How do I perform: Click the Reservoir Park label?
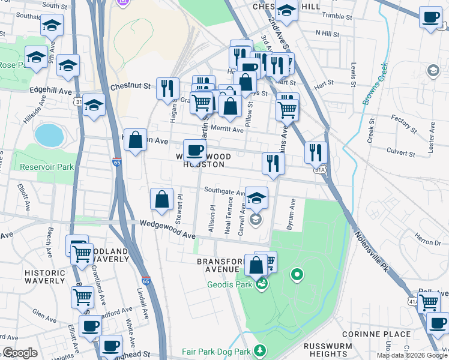point(46,167)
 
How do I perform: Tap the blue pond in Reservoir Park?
point(49,135)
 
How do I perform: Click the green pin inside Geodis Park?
point(296,275)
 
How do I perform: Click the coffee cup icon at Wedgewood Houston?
point(194,149)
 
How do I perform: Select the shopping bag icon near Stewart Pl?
point(161,200)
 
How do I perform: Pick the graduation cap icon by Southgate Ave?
point(256,197)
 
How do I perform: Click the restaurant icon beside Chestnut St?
point(167,88)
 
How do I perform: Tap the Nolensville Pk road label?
point(370,251)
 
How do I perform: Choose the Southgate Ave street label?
point(224,193)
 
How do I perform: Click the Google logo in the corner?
point(20,353)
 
